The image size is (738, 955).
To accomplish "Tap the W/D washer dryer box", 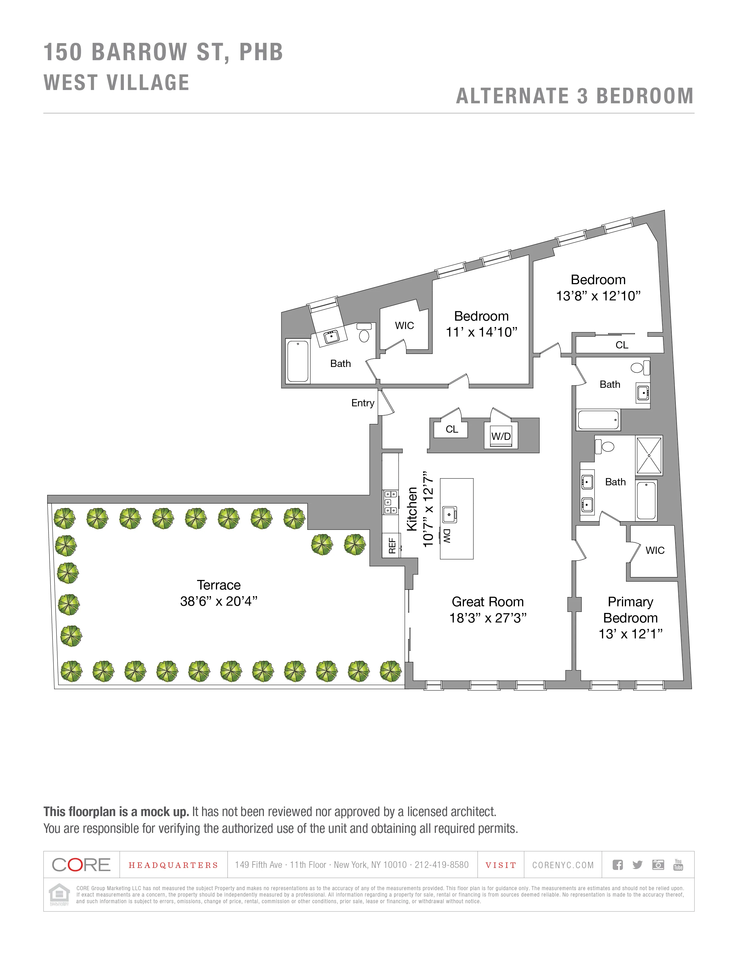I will point(501,436).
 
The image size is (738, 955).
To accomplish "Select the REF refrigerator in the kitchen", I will point(391,545).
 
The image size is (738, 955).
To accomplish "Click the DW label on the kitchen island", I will point(446,536).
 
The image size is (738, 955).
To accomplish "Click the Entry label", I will point(362,403).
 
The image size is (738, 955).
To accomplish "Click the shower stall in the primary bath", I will point(649,455).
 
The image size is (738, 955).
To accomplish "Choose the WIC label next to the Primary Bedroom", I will point(654,550).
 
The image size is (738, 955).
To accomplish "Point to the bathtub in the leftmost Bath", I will point(298,361).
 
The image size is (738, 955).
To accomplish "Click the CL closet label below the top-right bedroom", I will point(621,345).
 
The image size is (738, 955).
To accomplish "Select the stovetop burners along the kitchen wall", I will point(390,502).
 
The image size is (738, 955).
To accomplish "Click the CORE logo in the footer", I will point(81,864).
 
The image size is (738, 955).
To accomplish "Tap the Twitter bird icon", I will point(637,864).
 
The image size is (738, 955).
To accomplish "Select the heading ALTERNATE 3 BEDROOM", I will point(574,96).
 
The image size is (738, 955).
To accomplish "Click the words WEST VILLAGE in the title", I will point(117,83).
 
